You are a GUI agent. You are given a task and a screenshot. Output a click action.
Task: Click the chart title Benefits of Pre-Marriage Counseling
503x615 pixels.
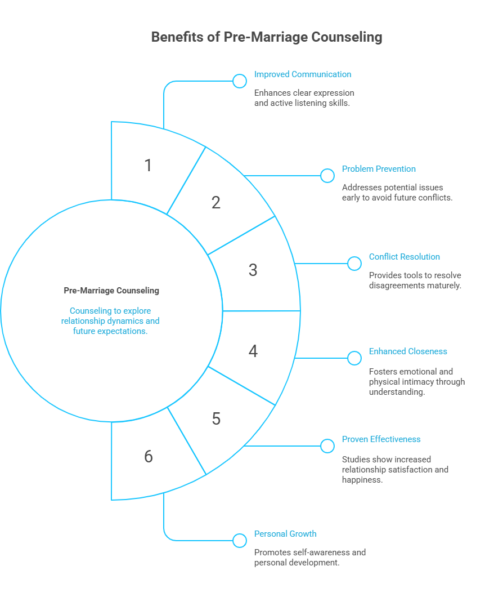pos(267,37)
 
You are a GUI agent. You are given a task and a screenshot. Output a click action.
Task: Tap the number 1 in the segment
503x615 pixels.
pos(148,166)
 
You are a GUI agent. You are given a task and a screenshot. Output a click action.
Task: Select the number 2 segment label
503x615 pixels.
pos(216,203)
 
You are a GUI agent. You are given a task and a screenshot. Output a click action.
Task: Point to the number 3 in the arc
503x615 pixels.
pos(253,270)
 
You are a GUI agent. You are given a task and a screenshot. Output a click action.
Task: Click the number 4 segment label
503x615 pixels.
pos(253,351)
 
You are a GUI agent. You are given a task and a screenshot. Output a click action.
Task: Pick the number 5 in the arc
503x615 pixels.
pos(216,419)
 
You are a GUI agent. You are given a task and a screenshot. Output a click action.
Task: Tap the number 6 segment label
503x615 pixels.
pos(148,456)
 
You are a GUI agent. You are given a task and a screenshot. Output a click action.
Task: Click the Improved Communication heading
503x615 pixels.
pos(302,74)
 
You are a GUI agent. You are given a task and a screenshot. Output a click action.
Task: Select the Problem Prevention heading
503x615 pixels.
pos(379,169)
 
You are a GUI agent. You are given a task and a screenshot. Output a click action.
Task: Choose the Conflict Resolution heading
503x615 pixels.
pos(404,257)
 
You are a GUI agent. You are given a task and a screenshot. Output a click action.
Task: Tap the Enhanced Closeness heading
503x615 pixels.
pos(408,351)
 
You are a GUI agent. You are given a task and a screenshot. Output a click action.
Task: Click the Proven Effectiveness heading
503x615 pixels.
pos(381,439)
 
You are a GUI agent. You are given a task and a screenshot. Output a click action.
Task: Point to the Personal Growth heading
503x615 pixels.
pos(285,534)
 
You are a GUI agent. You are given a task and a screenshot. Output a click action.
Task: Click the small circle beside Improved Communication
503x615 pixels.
pos(240,81)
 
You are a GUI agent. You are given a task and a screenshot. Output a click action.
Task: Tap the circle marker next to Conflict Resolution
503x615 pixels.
pos(354,264)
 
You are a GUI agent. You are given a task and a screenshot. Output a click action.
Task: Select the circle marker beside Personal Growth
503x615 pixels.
pos(240,541)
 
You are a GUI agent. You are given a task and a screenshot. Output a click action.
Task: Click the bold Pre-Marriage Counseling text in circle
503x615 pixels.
pos(111,291)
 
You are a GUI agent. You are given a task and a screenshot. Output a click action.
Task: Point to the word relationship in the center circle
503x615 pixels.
pos(86,321)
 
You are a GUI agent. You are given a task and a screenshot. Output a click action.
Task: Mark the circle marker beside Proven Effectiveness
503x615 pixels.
pos(327,446)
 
